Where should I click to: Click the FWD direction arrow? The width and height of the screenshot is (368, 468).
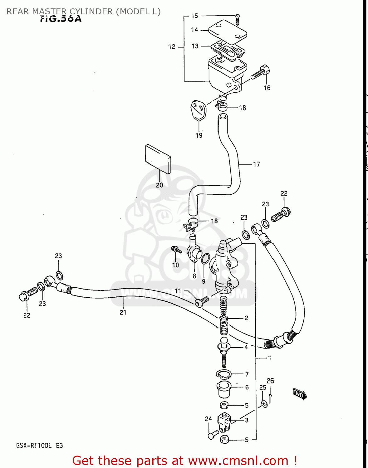(299, 394)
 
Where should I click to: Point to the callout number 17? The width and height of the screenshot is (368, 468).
(256, 164)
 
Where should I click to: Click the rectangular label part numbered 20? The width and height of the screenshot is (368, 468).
(158, 158)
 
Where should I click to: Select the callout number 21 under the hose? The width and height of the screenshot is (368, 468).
(123, 312)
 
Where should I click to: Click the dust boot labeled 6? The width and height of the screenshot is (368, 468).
(223, 389)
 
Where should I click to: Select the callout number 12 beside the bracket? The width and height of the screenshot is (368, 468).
(172, 47)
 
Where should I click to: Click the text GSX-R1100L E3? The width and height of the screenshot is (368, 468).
(39, 446)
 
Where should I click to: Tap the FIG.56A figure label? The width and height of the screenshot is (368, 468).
(61, 19)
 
